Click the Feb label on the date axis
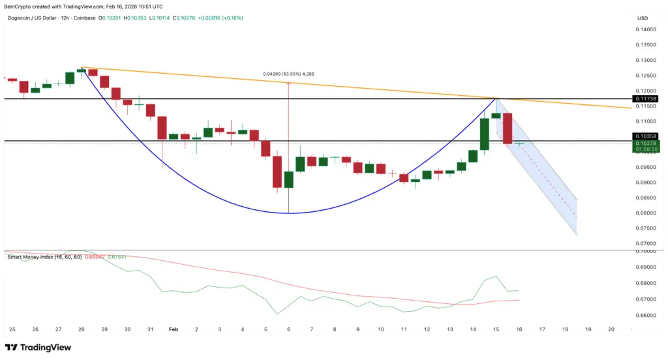point(174,330)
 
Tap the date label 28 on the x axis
point(81,330)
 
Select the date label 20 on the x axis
point(611,330)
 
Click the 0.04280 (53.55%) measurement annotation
point(289,74)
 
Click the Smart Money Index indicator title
point(39,257)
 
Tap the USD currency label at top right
point(643,18)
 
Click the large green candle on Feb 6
point(288,180)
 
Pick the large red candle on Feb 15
point(508,128)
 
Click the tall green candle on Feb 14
point(485,134)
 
